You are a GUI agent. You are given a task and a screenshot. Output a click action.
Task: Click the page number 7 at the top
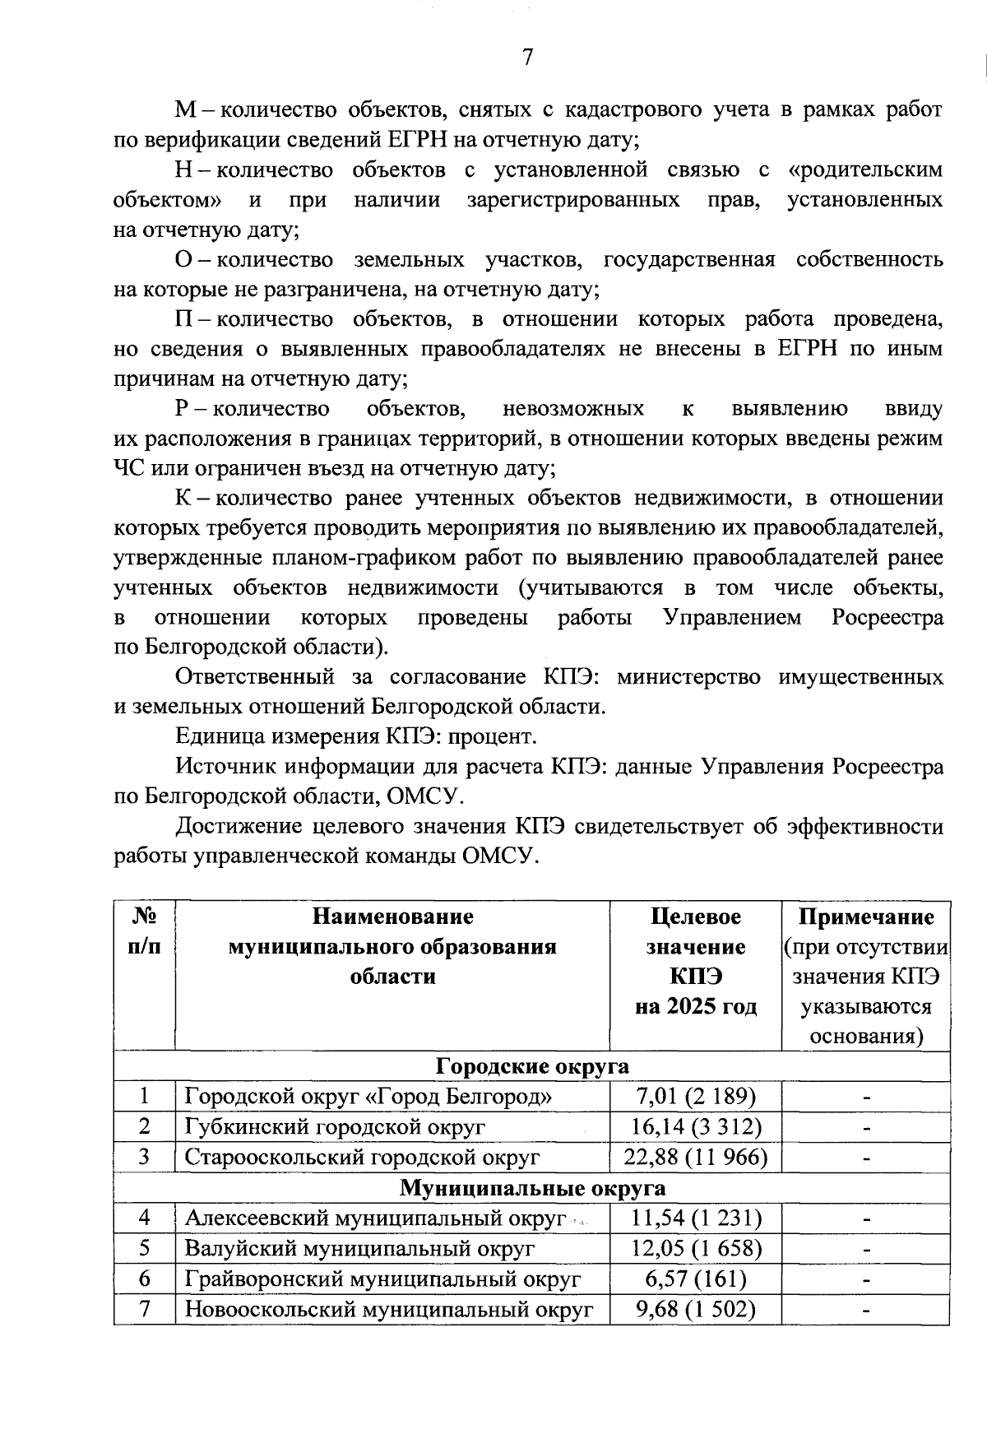click(x=527, y=57)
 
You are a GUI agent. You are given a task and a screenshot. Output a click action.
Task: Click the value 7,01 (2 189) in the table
click(x=695, y=1097)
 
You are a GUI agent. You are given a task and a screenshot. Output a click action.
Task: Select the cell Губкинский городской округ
click(x=335, y=1127)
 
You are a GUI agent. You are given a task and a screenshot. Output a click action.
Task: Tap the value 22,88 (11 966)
click(x=695, y=1158)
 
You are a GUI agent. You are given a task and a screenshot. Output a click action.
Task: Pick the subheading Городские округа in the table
click(x=531, y=1066)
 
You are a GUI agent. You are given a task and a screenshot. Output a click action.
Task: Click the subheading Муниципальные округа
click(x=531, y=1188)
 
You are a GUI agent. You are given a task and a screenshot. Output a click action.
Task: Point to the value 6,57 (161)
click(x=695, y=1279)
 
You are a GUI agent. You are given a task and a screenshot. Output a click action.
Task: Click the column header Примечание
click(x=866, y=917)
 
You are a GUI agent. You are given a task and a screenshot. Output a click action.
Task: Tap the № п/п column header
click(x=145, y=931)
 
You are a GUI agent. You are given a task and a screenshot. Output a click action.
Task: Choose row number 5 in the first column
click(x=145, y=1249)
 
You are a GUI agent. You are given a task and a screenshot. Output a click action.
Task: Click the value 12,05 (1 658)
click(x=695, y=1249)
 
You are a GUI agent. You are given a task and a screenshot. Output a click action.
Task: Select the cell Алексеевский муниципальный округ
click(x=376, y=1218)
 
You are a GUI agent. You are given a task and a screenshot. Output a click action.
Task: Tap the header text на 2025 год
click(x=695, y=1006)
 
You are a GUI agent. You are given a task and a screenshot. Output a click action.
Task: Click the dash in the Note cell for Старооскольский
click(x=866, y=1158)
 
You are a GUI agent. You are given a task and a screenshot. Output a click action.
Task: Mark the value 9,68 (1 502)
click(x=695, y=1310)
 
